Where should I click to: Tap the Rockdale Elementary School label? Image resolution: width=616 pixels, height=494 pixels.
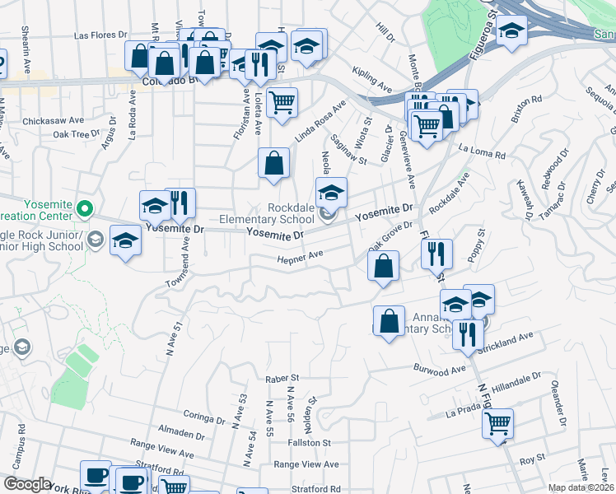coord(266,213)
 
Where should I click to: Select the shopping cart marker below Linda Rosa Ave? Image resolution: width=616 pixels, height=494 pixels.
coord(282,103)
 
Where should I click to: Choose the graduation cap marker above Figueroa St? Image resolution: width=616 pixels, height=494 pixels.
coord(511,31)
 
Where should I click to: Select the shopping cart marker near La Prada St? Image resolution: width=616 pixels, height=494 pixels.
coord(497,423)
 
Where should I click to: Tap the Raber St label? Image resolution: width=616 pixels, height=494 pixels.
coord(281,377)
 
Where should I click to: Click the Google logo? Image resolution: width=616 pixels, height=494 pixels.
coord(27,484)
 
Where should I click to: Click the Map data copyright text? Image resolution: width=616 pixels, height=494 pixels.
coord(581,487)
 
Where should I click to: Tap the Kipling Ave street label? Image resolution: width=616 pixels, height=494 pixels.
coord(371,80)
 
